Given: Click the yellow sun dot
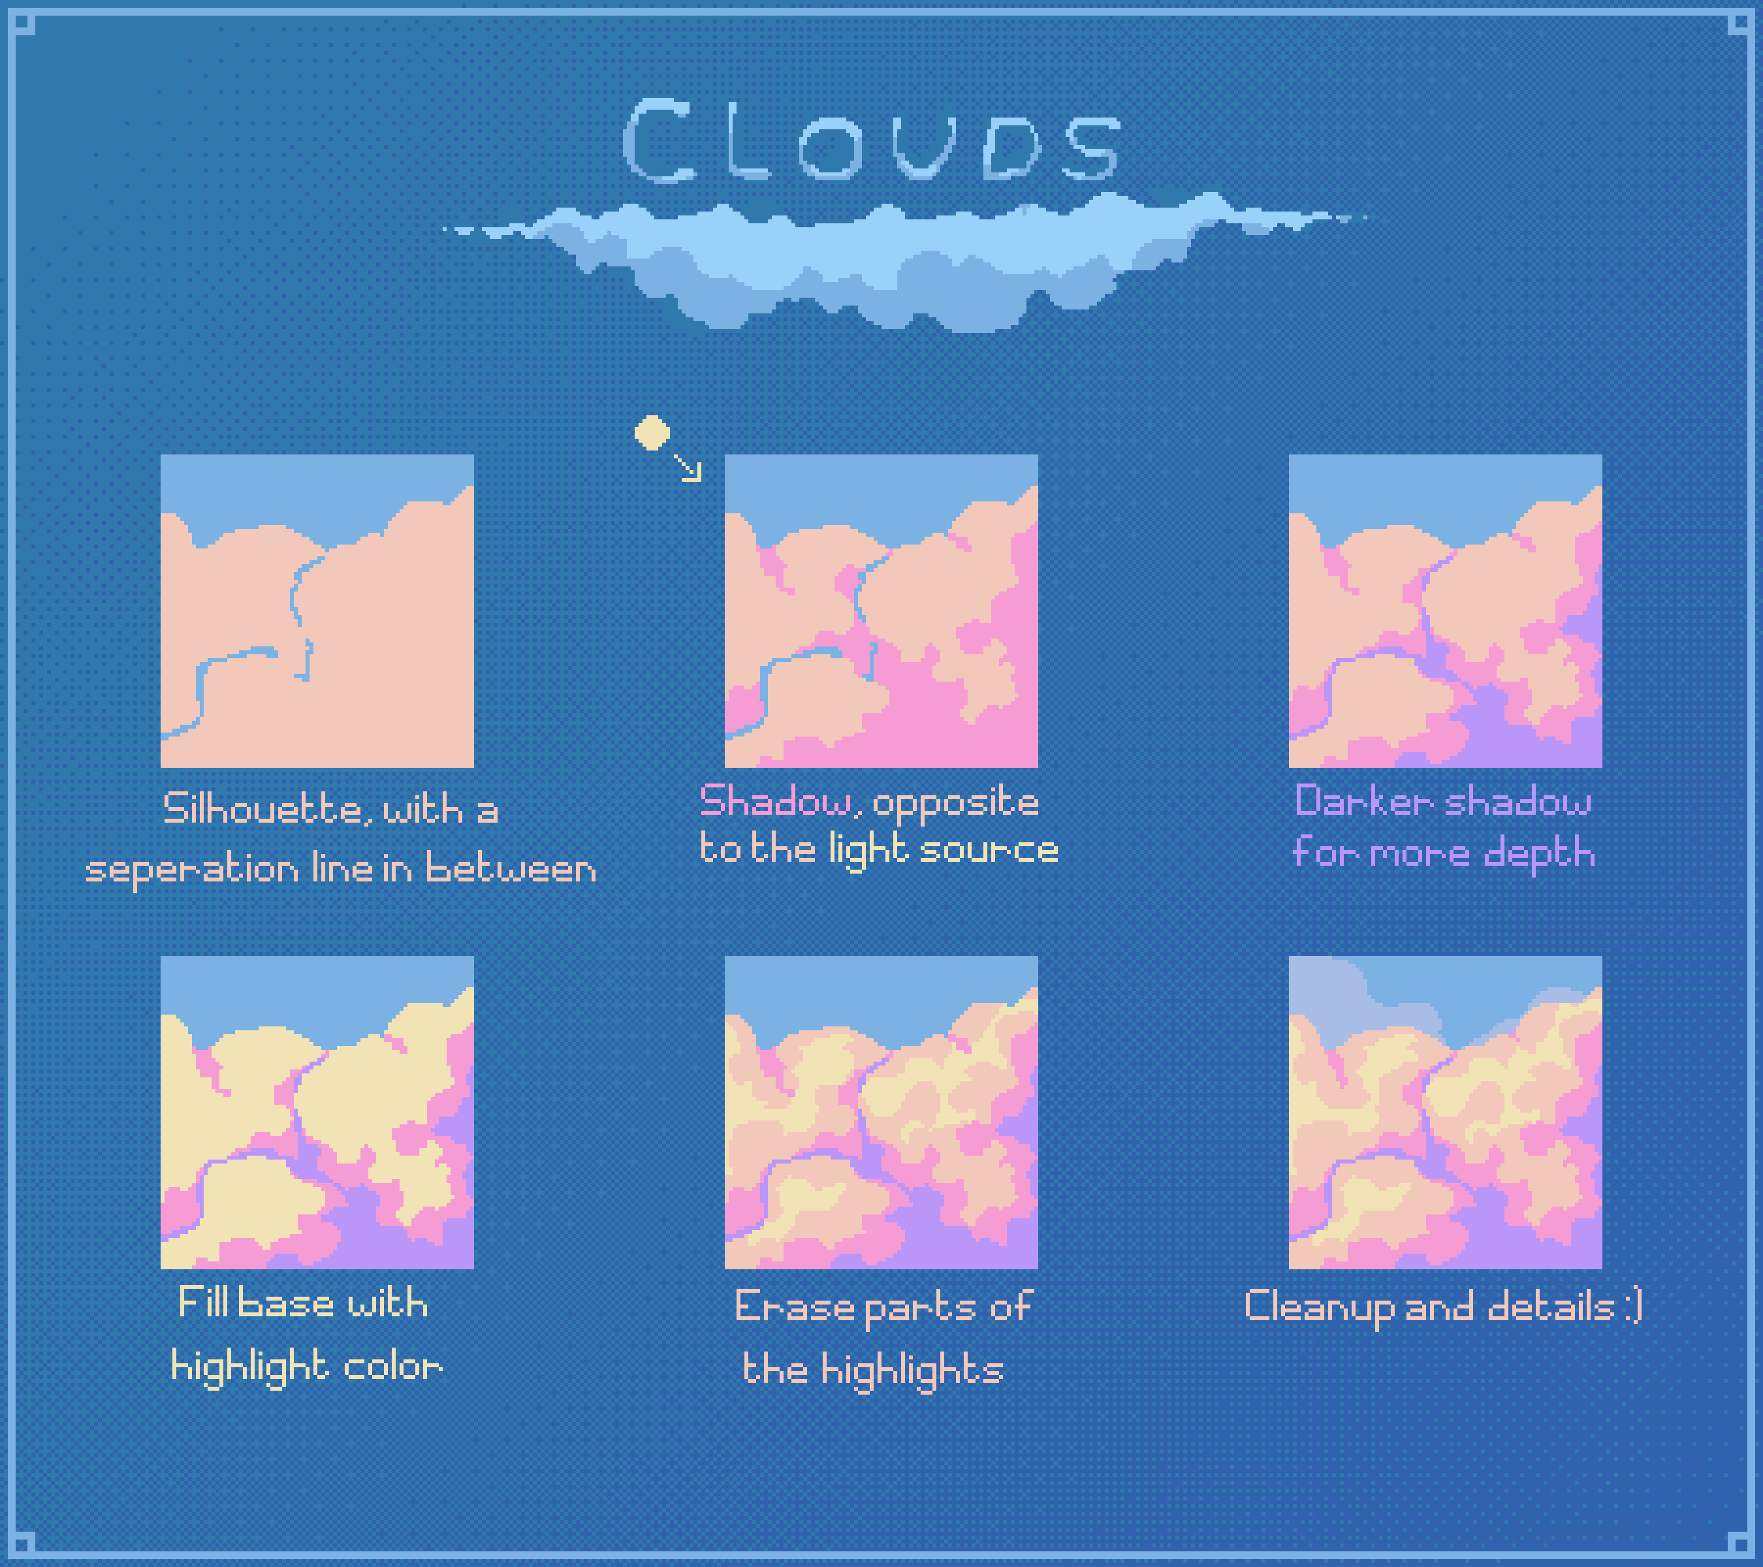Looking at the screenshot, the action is tap(652, 433).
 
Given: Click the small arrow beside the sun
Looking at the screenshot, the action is tap(688, 467).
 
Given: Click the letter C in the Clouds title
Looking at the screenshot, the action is tap(658, 140).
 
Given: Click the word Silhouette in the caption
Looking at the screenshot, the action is tap(262, 809).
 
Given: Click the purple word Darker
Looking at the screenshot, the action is tap(1365, 801).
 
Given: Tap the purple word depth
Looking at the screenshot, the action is tap(1539, 853).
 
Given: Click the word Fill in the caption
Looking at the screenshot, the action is tap(202, 1301).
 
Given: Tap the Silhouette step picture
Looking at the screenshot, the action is tap(317, 610).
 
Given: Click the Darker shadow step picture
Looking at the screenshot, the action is tap(1445, 610).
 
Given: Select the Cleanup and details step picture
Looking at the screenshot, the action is tap(1445, 1112).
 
